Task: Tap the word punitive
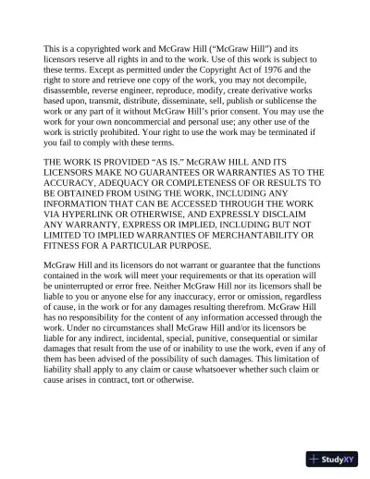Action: pos(216,357)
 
